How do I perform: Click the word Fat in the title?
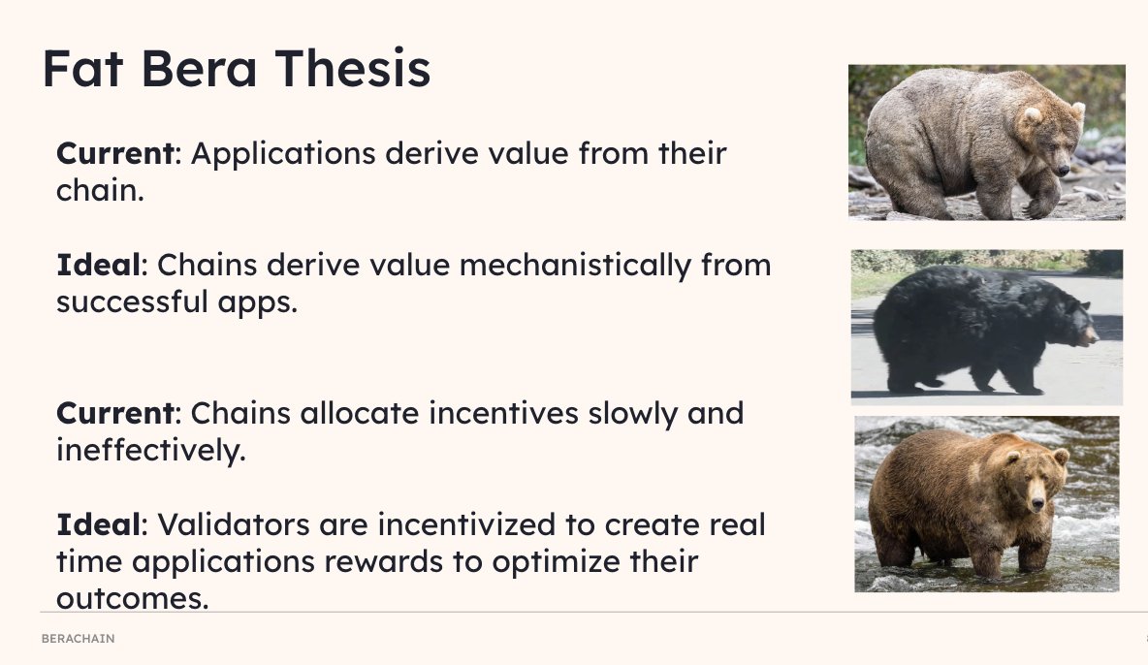tap(87, 69)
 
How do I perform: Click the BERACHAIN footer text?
tap(78, 639)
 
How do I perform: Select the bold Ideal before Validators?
tap(98, 525)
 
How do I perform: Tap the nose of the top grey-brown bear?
tap(1066, 170)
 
